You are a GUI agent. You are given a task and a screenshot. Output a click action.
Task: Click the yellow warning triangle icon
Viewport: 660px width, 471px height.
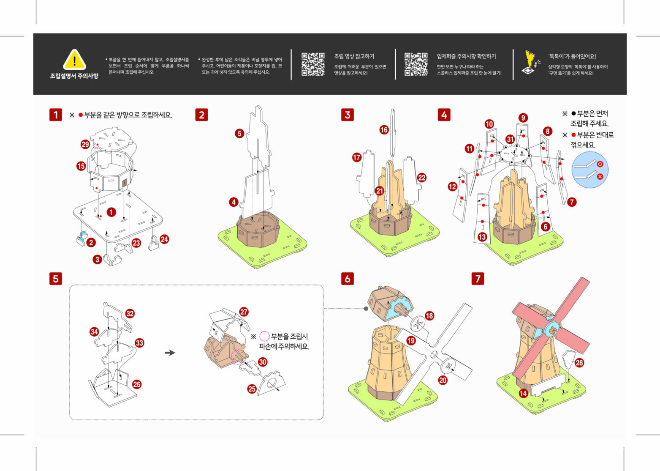pyautogui.click(x=74, y=60)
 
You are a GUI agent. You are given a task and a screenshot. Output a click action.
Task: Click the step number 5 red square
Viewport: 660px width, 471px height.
pyautogui.click(x=55, y=279)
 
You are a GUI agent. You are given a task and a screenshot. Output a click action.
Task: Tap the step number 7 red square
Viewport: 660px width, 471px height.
pyautogui.click(x=478, y=279)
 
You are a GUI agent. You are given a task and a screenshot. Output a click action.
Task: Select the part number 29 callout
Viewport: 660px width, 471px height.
pyautogui.click(x=85, y=144)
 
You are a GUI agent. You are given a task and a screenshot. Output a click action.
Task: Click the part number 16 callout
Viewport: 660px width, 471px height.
pyautogui.click(x=384, y=130)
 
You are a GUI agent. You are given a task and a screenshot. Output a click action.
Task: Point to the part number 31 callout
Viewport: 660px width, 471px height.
pyautogui.click(x=510, y=139)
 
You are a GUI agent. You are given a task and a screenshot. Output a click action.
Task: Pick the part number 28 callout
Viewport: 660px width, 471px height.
pyautogui.click(x=579, y=363)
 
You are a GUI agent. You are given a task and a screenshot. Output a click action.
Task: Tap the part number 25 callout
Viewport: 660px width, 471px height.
pyautogui.click(x=252, y=389)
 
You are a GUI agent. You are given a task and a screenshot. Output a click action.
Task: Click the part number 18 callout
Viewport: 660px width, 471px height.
pyautogui.click(x=429, y=315)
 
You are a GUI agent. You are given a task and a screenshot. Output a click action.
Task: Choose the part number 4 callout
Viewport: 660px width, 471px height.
pyautogui.click(x=234, y=202)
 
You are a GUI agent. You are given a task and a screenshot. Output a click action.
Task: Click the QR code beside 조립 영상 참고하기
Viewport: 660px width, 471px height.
pyautogui.click(x=313, y=64)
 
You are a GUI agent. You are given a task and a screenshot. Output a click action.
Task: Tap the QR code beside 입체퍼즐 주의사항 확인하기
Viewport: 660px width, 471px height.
pyautogui.click(x=416, y=64)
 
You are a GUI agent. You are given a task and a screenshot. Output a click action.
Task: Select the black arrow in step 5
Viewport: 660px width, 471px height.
pyautogui.click(x=170, y=353)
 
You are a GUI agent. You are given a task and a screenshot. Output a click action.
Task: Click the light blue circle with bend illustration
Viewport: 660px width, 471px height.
pyautogui.click(x=590, y=170)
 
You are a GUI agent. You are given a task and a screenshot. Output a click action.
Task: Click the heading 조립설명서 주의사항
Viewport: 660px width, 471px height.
pyautogui.click(x=74, y=76)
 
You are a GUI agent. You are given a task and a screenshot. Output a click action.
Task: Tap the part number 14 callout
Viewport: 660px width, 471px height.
pyautogui.click(x=523, y=393)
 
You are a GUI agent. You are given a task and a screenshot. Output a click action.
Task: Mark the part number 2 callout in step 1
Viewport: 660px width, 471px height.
pyautogui.click(x=91, y=242)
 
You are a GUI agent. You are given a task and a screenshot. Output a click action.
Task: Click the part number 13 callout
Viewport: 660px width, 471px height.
pyautogui.click(x=482, y=237)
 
